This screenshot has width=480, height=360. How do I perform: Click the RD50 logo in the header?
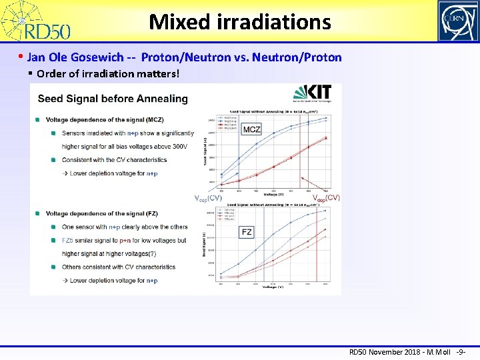(x=37, y=21)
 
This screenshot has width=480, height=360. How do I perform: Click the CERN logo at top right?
(x=457, y=21)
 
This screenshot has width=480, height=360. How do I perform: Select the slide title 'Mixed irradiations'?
(x=240, y=22)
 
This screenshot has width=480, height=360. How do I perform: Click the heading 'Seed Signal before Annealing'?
(x=113, y=99)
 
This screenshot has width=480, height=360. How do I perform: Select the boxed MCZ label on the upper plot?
(x=251, y=129)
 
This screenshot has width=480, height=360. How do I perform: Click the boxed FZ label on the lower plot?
(x=247, y=232)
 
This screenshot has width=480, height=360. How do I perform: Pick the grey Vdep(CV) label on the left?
(x=208, y=199)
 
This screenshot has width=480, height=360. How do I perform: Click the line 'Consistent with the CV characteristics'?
(x=114, y=160)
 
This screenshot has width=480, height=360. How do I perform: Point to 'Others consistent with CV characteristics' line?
(x=118, y=267)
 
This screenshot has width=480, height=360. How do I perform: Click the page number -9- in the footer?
(x=460, y=351)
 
